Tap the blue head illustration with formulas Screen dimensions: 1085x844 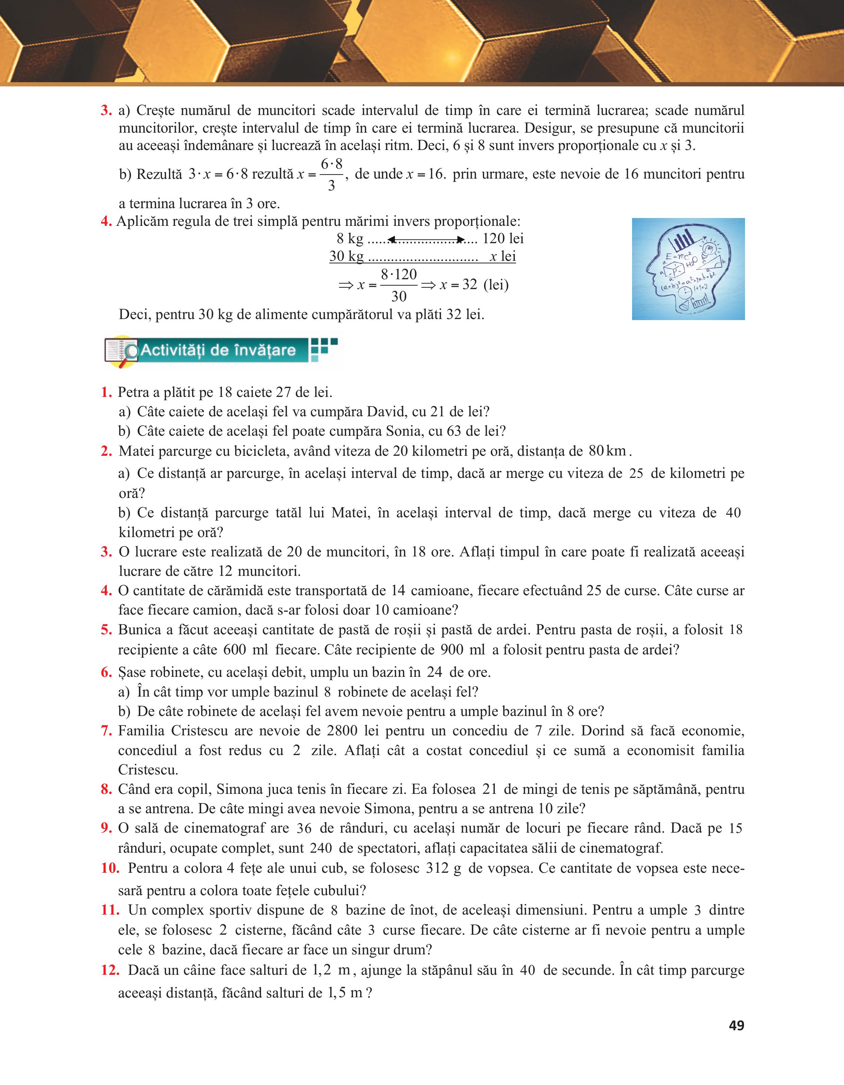point(688,269)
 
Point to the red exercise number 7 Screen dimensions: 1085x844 point(106,731)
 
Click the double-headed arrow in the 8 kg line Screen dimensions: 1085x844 point(426,240)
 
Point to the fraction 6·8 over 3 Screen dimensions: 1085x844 point(331,175)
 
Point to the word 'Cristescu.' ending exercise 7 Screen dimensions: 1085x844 point(148,770)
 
